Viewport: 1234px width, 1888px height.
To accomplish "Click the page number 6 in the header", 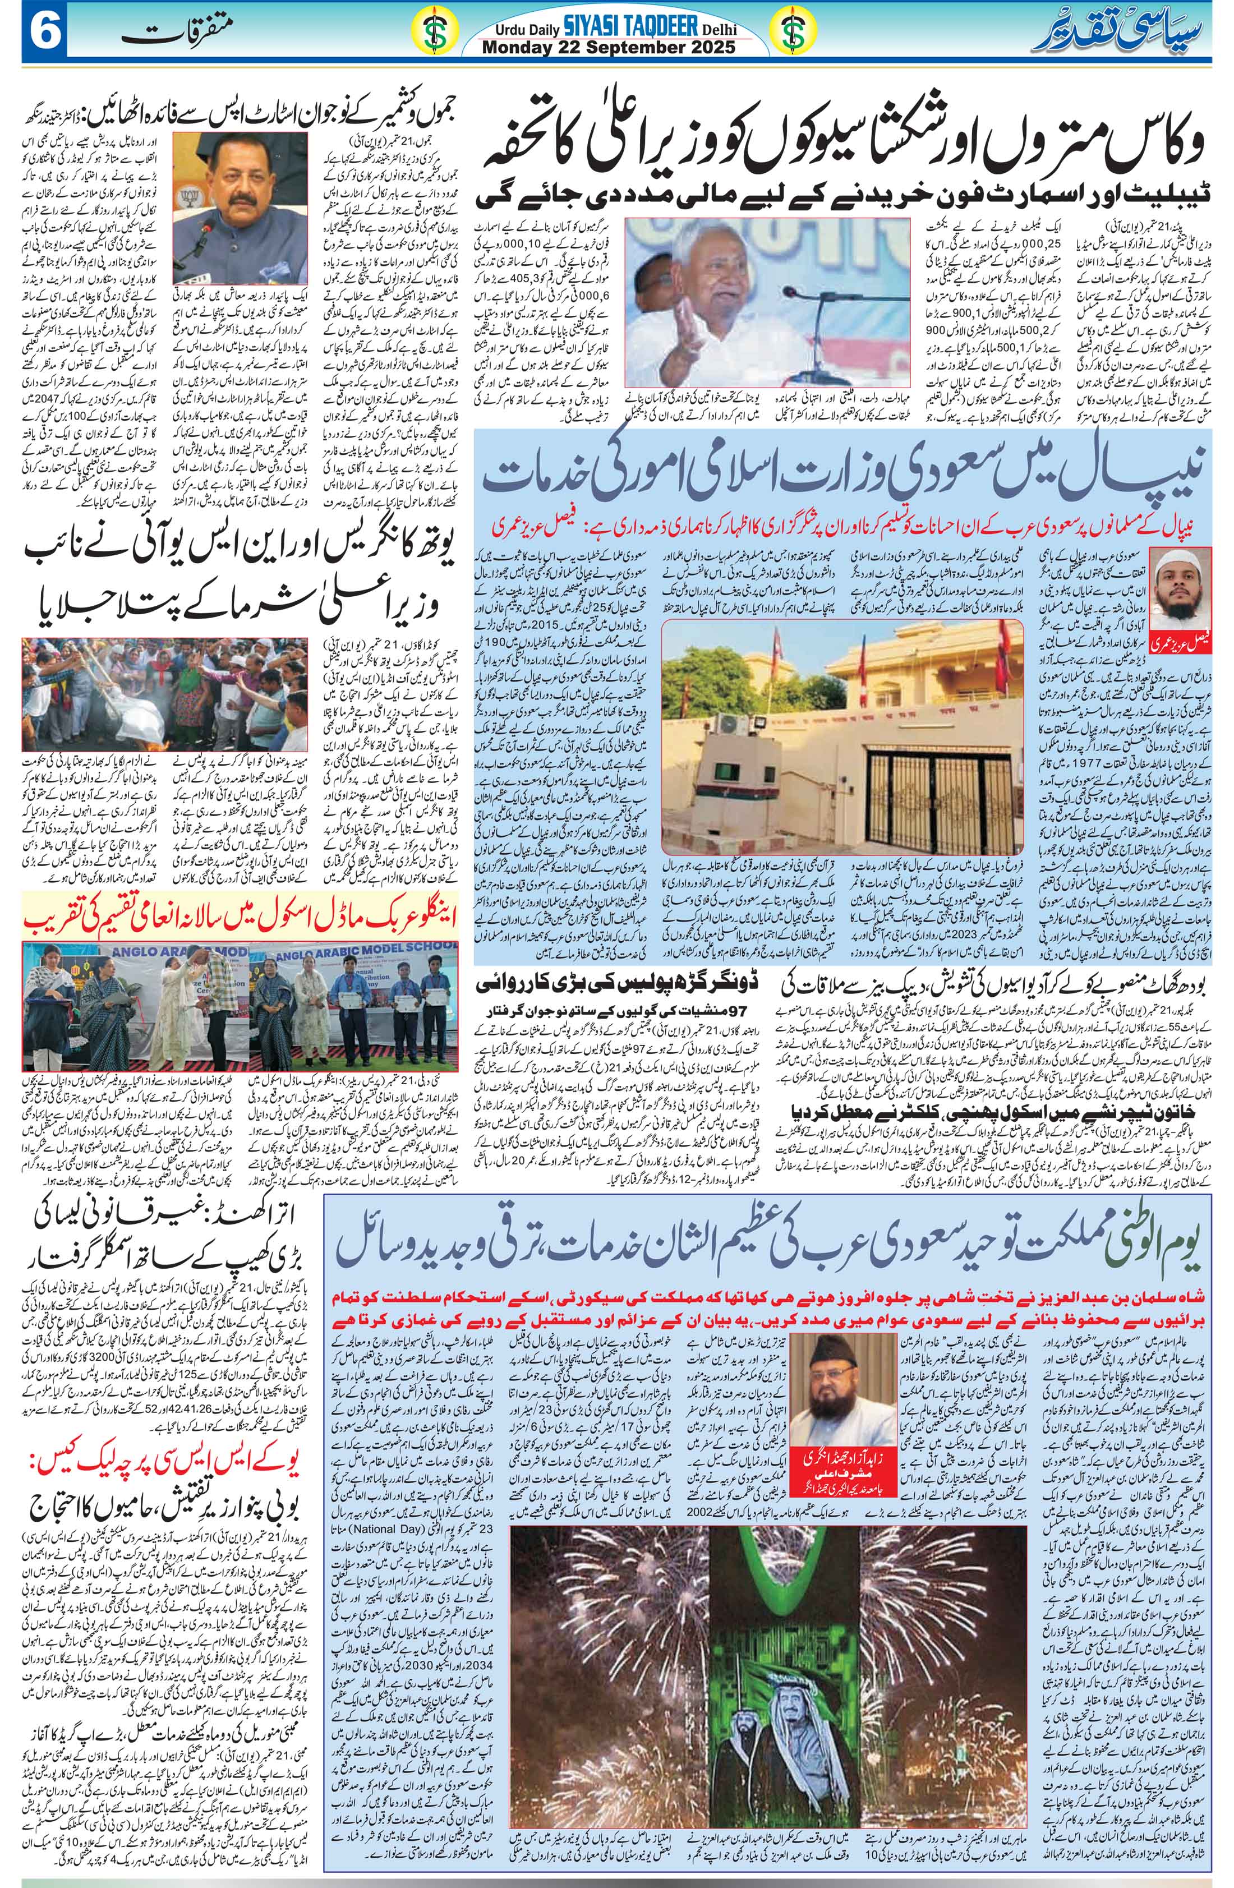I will point(32,33).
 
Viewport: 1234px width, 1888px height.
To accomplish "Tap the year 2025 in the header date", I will point(706,47).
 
